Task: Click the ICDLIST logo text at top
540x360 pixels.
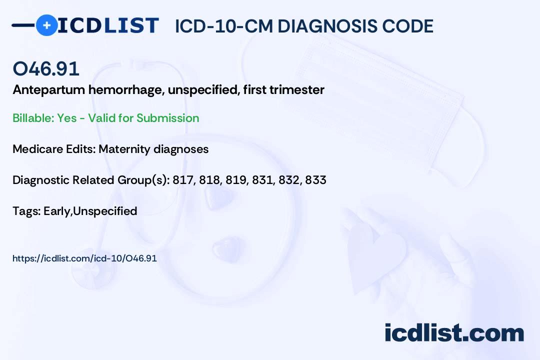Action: [x=108, y=25]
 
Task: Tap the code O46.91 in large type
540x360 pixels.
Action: [x=46, y=69]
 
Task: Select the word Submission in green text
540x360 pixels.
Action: [x=167, y=118]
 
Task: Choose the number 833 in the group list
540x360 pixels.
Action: [x=315, y=180]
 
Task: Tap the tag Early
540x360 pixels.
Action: [x=57, y=211]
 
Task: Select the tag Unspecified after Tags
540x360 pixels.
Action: [x=105, y=211]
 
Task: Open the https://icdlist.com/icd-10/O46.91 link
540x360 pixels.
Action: [x=84, y=258]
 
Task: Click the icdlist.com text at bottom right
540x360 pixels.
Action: [x=454, y=332]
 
